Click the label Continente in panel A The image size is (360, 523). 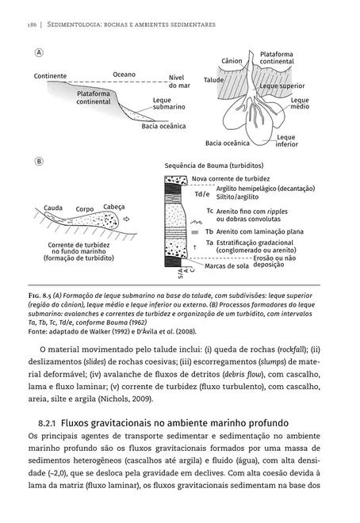(50, 76)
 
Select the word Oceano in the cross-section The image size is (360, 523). (124, 74)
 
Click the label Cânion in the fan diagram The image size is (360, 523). (232, 61)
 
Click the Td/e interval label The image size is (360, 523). (202, 194)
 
